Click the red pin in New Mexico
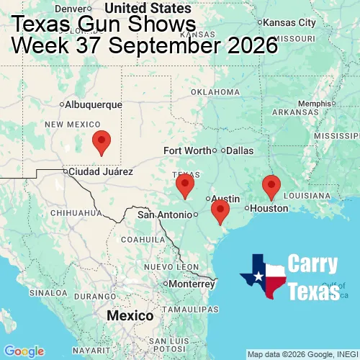[102, 143]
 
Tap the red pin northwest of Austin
[185, 185]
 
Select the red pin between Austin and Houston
[220, 210]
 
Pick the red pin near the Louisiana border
[271, 186]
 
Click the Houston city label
[269, 208]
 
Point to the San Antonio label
[166, 215]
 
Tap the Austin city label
[226, 199]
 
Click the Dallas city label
[240, 150]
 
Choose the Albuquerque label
[94, 104]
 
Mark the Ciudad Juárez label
[100, 172]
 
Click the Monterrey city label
[192, 284]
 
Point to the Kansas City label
[291, 23]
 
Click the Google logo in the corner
[23, 351]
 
